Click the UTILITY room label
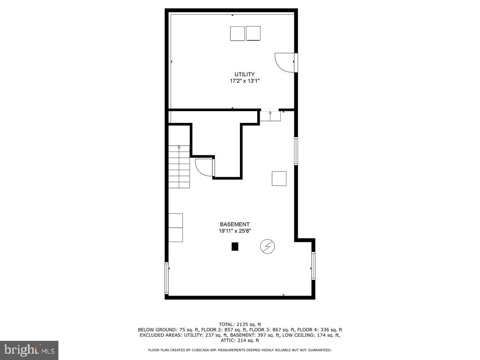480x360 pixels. pyautogui.click(x=244, y=74)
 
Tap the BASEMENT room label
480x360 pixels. pyautogui.click(x=235, y=224)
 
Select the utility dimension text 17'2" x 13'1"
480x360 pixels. pyautogui.click(x=244, y=81)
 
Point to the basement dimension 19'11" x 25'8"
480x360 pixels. pyautogui.click(x=235, y=231)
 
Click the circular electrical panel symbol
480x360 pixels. pyautogui.click(x=267, y=246)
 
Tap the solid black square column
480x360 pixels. pyautogui.click(x=235, y=246)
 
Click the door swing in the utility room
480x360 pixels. pyautogui.click(x=285, y=62)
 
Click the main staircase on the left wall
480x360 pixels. pyautogui.click(x=179, y=167)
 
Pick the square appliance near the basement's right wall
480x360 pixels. pyautogui.click(x=279, y=178)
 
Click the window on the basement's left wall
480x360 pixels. pyautogui.click(x=167, y=278)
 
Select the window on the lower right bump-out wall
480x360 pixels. pyautogui.click(x=313, y=266)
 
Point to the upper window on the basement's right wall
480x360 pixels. pyautogui.click(x=296, y=151)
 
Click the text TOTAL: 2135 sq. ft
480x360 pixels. pyautogui.click(x=240, y=324)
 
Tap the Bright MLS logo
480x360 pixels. pyautogui.click(x=29, y=350)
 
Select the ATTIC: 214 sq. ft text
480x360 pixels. pyautogui.click(x=240, y=340)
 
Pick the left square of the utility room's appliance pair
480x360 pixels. pyautogui.click(x=238, y=33)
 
